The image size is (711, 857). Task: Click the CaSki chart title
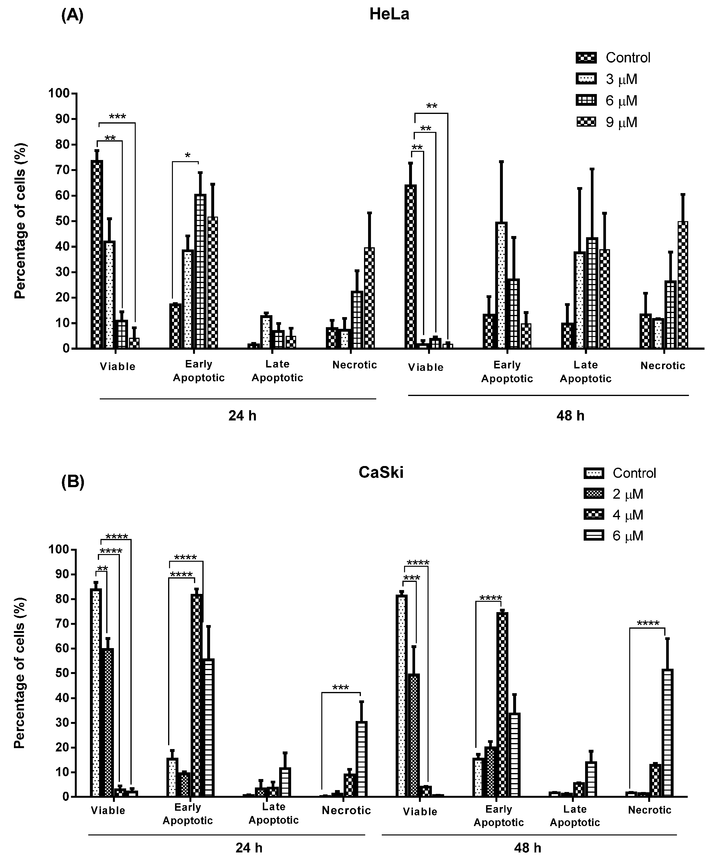tap(381, 472)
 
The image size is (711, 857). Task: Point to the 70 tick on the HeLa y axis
tap(59, 170)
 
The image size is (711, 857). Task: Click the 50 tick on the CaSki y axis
tap(59, 673)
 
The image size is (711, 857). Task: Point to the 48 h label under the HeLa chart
tap(570, 416)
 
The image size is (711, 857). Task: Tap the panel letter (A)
tap(72, 16)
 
